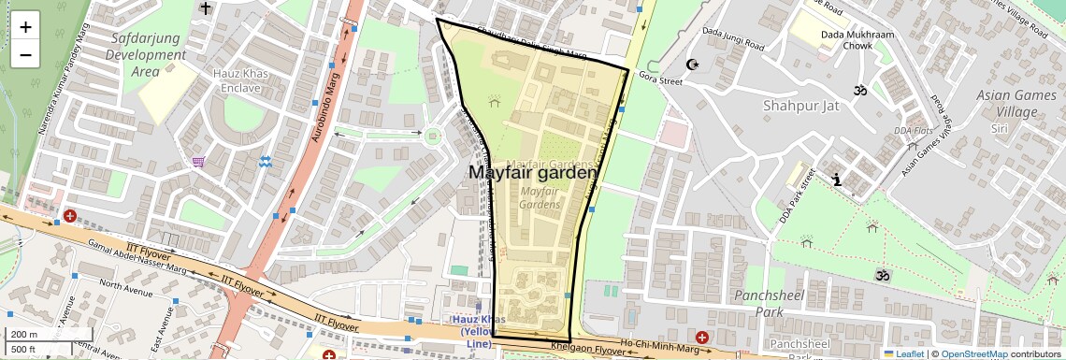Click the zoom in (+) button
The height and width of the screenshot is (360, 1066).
25,26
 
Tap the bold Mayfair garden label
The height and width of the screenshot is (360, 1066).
531,173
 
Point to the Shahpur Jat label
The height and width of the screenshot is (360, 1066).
796,105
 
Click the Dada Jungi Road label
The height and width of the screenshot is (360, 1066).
732,39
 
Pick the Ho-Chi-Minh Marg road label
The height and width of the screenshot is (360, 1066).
667,345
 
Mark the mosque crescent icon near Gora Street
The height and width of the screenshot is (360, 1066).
692,65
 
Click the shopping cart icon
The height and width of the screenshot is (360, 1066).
198,162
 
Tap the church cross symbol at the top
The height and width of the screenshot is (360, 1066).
205,7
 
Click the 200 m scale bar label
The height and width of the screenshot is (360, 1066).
24,335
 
